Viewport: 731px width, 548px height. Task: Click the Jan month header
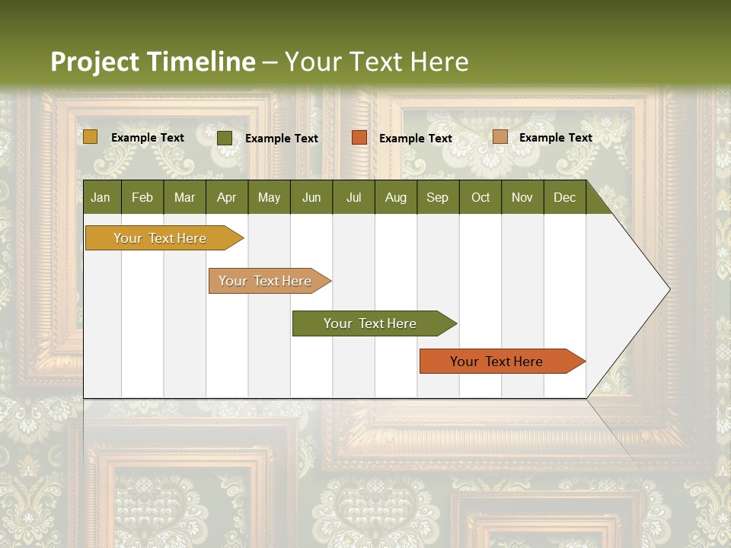pos(101,197)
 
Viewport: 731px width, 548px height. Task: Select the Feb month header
pos(142,197)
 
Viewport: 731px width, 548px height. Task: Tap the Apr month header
pos(226,197)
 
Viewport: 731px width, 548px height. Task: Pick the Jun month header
pos(311,197)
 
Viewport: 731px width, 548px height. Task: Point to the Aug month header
pos(395,197)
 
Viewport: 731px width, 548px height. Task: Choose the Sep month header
pos(437,197)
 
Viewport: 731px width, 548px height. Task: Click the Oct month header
pos(480,197)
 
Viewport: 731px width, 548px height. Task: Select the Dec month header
pos(564,197)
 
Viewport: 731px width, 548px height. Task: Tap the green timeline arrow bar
pos(371,323)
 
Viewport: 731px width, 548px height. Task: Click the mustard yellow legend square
pos(90,137)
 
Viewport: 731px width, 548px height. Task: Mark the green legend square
pos(225,138)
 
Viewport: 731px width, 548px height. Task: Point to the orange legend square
pos(359,138)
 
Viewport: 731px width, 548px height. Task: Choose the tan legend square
pos(500,137)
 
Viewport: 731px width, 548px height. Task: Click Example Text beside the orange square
pos(415,139)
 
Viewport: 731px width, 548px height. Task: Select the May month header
pos(269,197)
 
